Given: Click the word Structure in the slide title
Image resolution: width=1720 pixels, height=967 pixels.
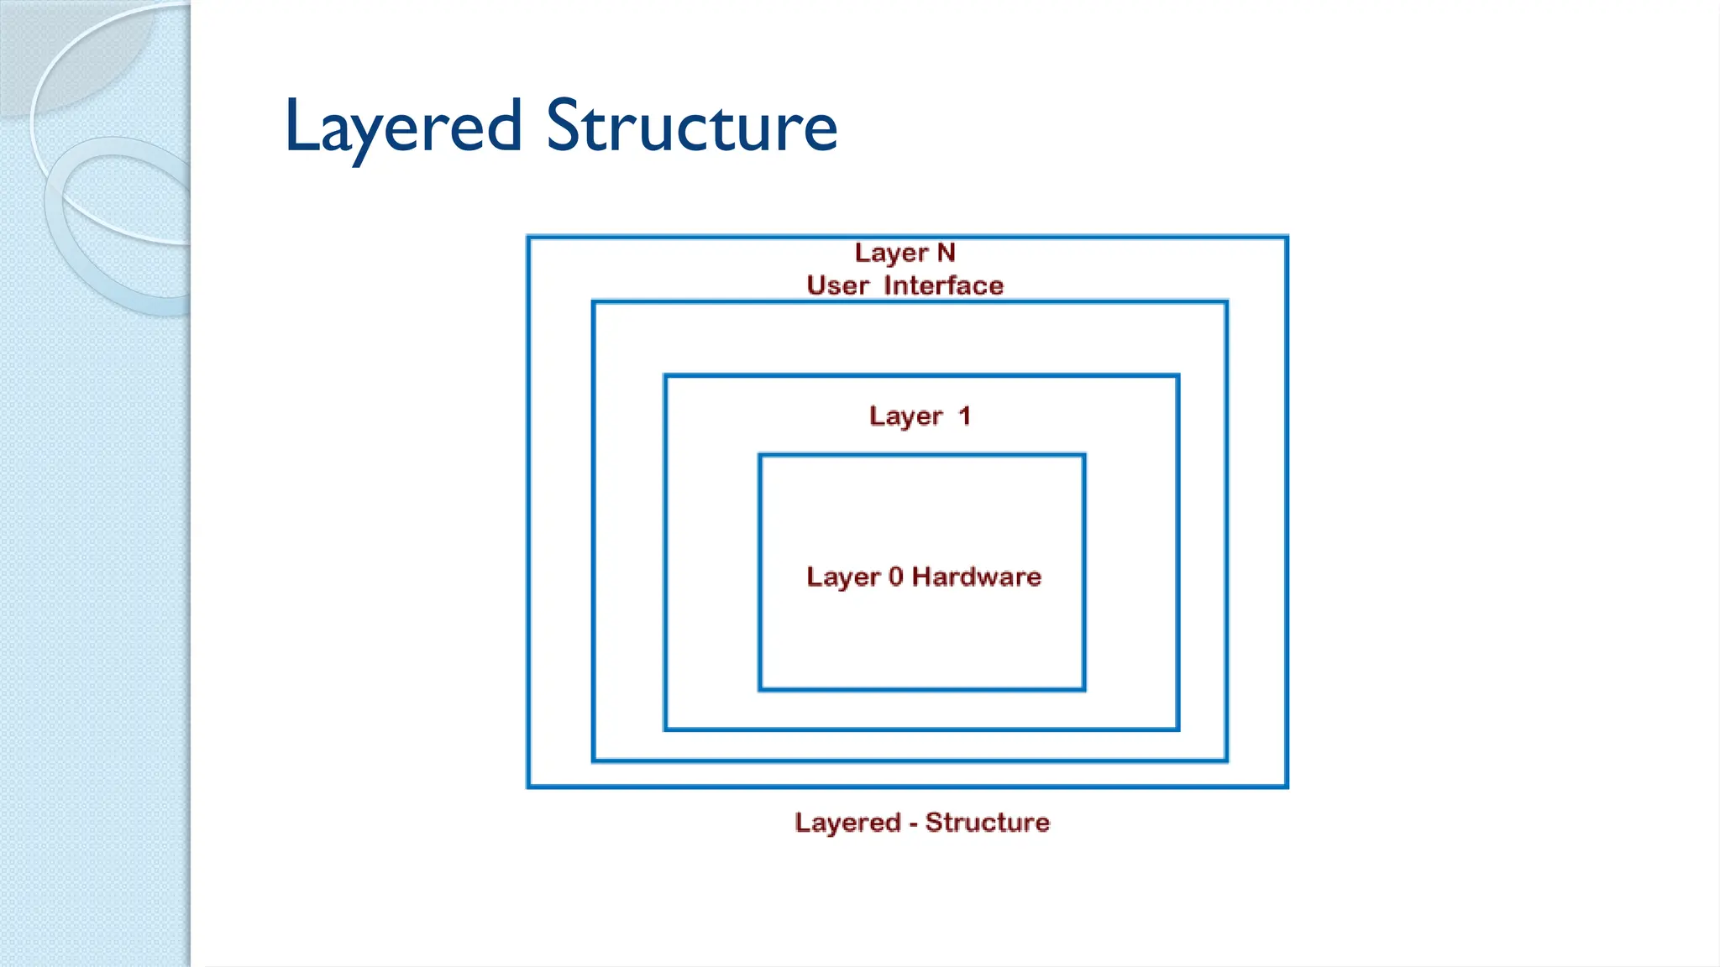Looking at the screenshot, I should pos(692,126).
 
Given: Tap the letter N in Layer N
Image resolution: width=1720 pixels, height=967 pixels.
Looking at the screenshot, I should pos(947,253).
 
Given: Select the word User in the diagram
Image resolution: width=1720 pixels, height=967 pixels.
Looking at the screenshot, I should pos(837,285).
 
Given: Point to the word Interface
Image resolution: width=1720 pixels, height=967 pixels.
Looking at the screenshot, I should pos(943,285).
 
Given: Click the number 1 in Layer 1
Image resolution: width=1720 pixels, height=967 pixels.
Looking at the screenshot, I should pos(964,416).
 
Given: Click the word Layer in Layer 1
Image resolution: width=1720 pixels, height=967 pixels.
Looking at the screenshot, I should pos(906,416).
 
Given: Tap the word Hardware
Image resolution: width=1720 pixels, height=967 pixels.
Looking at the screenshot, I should pos(977,577).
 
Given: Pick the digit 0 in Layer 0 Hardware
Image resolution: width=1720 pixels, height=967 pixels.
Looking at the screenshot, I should pos(895,577).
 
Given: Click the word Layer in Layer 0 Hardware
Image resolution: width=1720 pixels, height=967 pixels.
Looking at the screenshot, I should pos(843,578).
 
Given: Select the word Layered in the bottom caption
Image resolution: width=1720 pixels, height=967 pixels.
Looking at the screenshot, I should pos(847,823).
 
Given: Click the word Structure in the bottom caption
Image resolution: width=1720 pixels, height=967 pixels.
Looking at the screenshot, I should pos(988,823).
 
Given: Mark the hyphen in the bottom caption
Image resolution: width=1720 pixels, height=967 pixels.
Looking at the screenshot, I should pos(913,824).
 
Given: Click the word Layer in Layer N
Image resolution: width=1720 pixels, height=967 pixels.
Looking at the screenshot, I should pos(891,254).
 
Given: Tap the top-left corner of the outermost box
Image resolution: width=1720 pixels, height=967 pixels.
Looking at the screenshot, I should pos(528,238).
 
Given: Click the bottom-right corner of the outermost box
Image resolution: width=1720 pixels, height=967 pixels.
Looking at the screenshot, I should pos(1287,787).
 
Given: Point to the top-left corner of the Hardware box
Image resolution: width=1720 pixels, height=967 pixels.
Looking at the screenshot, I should pos(760,456).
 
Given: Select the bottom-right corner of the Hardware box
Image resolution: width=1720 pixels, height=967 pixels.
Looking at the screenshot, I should pos(1084,689).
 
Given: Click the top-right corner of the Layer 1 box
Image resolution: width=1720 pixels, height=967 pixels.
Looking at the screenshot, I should pos(1178,376).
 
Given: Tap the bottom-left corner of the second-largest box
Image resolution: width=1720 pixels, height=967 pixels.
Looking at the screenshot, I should pos(594,761).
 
